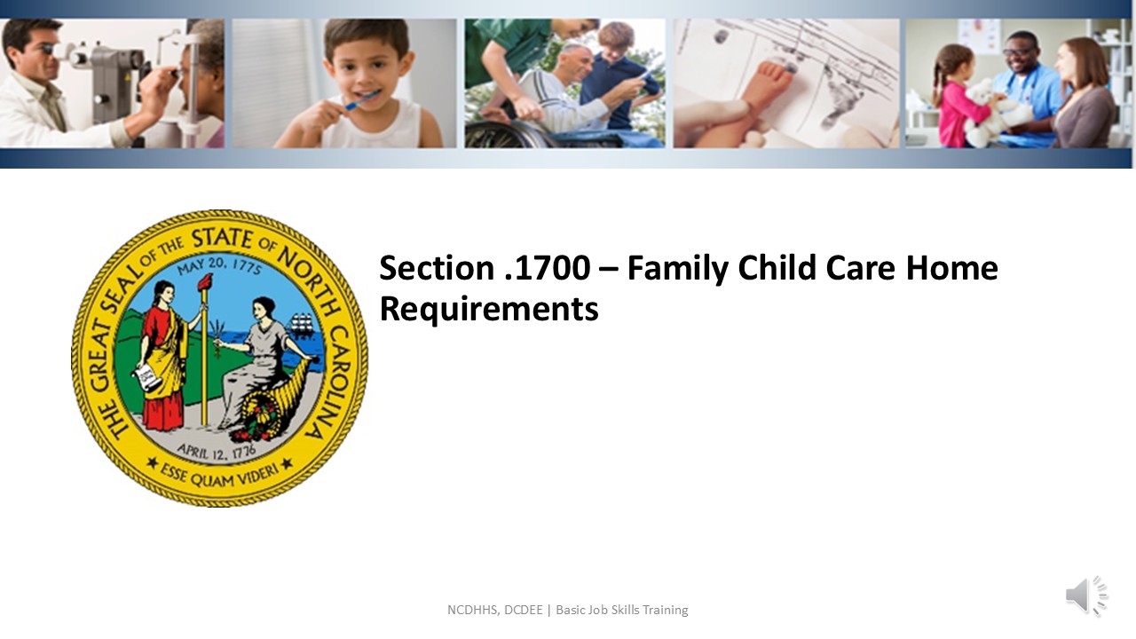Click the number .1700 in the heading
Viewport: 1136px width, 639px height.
(x=548, y=267)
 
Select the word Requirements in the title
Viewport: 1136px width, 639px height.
(x=489, y=310)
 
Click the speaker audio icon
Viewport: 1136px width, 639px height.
(x=1086, y=596)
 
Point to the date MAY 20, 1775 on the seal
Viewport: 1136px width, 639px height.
(x=219, y=265)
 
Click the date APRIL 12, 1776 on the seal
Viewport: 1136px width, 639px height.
(x=217, y=450)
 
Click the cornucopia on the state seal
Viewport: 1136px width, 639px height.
(x=272, y=400)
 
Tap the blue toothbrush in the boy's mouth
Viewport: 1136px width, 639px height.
(x=361, y=100)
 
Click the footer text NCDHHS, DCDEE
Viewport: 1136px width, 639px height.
(x=495, y=610)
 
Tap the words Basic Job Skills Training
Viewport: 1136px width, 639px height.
(x=622, y=610)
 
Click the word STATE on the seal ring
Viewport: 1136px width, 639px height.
(x=222, y=239)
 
